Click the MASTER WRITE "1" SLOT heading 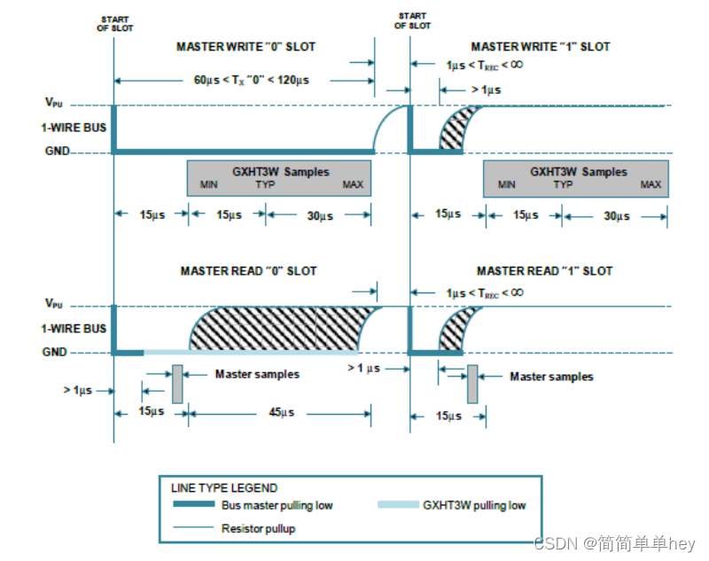click(x=541, y=46)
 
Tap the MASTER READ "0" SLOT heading click(x=248, y=270)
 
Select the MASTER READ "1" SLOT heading click(x=544, y=270)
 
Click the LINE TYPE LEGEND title click(x=223, y=487)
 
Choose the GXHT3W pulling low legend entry click(x=474, y=505)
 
